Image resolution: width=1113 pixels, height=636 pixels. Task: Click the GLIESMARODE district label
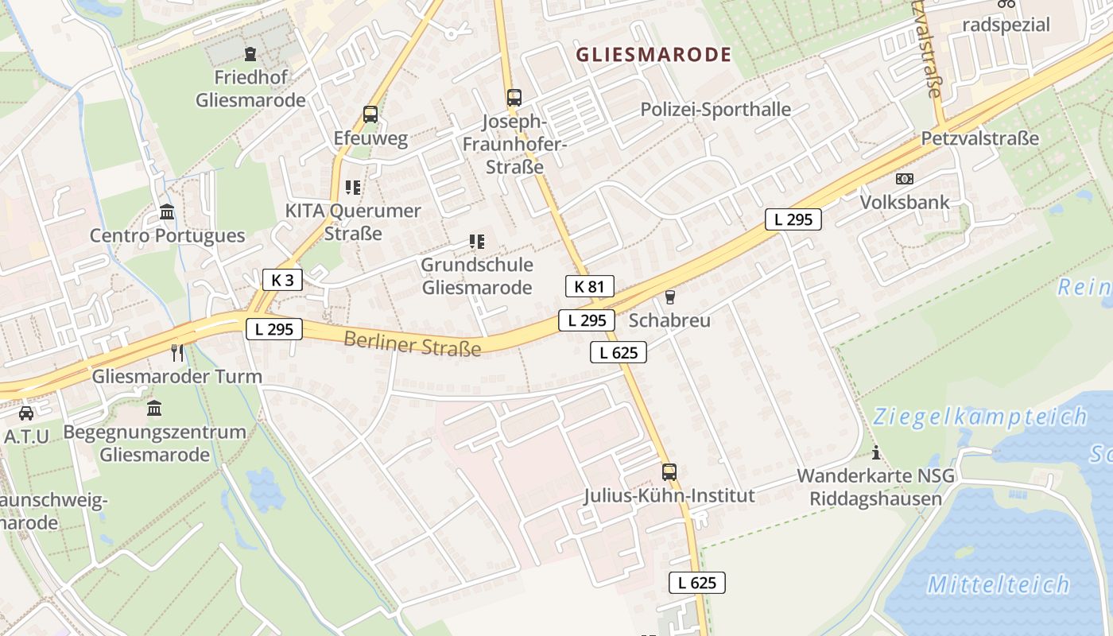click(x=653, y=55)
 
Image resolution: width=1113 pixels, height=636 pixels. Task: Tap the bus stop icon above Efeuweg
click(x=370, y=114)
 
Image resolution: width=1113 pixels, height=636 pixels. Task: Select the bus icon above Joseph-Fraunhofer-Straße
click(x=514, y=98)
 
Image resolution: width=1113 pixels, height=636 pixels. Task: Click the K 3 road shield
click(x=282, y=280)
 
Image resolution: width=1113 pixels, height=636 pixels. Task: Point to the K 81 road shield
click(x=589, y=286)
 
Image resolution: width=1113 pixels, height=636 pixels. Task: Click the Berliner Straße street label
click(x=413, y=344)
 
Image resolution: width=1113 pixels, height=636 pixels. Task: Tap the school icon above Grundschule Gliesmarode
click(x=477, y=241)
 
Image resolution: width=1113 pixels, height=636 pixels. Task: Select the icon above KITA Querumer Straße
click(x=353, y=188)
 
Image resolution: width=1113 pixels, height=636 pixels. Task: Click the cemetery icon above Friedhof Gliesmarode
click(x=251, y=54)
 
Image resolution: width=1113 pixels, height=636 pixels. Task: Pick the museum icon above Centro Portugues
click(x=167, y=212)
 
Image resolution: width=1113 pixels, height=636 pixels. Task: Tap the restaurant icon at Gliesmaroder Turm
click(x=177, y=352)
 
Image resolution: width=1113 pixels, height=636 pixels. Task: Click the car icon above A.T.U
click(x=26, y=413)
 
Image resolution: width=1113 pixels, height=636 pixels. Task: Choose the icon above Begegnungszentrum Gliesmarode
click(x=154, y=409)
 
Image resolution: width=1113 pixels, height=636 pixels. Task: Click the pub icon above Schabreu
click(x=670, y=297)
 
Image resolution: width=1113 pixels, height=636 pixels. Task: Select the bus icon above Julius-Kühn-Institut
click(x=669, y=472)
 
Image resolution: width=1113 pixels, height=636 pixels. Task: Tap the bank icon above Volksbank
click(x=905, y=179)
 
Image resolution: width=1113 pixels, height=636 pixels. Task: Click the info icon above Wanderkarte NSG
click(x=876, y=453)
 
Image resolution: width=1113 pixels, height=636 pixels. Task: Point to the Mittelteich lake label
click(x=999, y=585)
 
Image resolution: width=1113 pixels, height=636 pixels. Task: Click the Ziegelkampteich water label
click(x=979, y=416)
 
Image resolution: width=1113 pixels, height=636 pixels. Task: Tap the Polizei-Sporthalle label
click(x=715, y=110)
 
